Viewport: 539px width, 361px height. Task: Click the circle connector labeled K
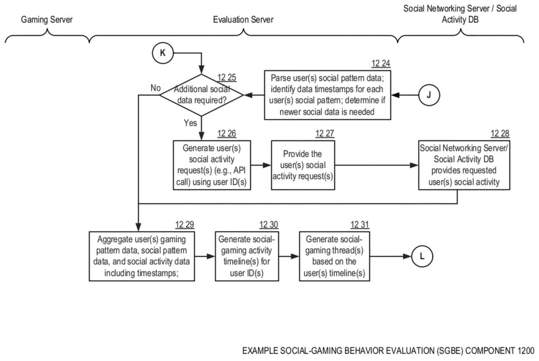tap(163, 53)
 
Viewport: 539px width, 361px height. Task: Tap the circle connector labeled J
tap(429, 95)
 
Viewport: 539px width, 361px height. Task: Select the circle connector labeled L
tap(422, 256)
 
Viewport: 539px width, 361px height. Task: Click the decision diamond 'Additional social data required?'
tap(202, 95)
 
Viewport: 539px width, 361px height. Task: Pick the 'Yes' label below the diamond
tap(190, 123)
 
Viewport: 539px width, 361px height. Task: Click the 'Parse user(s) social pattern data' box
tap(327, 95)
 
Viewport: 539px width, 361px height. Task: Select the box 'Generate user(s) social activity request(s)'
tap(211, 166)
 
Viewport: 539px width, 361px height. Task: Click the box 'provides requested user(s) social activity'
tap(457, 166)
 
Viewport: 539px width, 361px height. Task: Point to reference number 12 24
tap(380, 63)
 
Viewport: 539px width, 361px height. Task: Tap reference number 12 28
tap(500, 133)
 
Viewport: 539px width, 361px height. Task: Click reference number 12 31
tap(359, 225)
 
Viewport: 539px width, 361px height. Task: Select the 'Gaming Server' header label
tap(46, 19)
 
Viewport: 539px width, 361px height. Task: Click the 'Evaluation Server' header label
tap(243, 19)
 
